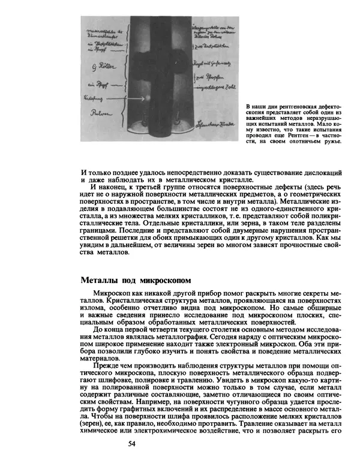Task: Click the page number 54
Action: (133, 444)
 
